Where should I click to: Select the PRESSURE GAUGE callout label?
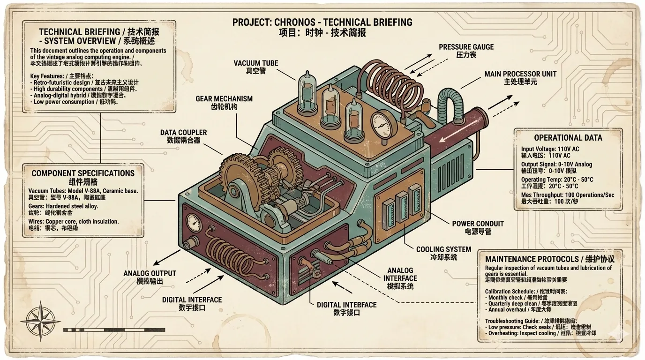click(466, 51)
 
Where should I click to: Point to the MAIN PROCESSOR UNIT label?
click(514, 78)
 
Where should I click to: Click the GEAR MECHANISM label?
click(224, 103)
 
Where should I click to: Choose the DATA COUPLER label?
click(183, 136)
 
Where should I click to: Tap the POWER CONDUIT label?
click(477, 227)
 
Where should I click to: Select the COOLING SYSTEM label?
click(437, 253)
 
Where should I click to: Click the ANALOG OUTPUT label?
click(150, 277)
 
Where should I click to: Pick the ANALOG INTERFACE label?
click(400, 278)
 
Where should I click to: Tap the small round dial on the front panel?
click(193, 222)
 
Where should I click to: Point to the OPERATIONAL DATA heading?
click(568, 138)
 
